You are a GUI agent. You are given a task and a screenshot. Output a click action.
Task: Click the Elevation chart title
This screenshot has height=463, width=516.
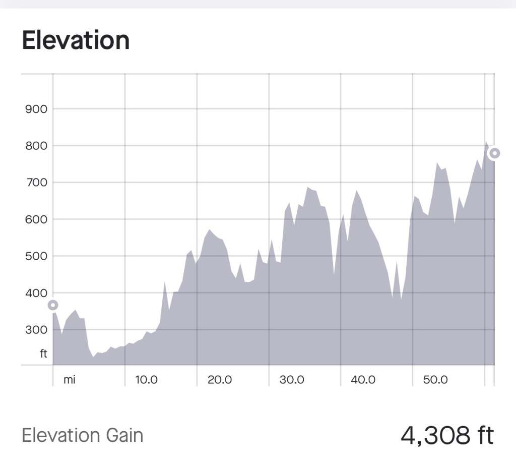coord(76,41)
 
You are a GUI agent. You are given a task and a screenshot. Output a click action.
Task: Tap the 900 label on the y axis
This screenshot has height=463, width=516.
coord(36,109)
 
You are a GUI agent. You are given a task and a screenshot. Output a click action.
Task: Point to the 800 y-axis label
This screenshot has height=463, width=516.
coord(36,146)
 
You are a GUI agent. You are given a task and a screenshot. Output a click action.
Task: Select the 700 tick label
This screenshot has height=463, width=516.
coord(36,183)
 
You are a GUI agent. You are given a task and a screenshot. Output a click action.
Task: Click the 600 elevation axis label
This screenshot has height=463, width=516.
coord(36,219)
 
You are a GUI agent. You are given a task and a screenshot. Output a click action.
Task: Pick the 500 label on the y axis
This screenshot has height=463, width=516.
coord(36,256)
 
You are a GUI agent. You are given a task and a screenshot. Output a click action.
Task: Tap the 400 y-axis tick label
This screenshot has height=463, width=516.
coord(36,293)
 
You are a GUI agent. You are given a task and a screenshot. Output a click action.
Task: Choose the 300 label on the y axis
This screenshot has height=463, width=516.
coord(36,330)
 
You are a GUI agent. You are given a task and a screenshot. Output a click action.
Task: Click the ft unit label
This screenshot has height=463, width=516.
coord(43,354)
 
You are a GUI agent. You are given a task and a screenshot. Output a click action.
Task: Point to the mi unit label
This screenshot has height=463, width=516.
coord(69,380)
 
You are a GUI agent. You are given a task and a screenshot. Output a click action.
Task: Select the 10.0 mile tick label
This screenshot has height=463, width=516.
coord(147,380)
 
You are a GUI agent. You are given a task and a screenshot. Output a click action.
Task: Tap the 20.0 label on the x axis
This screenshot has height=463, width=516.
coord(220,380)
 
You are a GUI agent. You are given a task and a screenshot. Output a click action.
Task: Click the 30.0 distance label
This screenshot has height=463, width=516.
coord(292,380)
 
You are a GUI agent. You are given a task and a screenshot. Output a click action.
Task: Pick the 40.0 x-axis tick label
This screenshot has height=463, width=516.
coord(363,380)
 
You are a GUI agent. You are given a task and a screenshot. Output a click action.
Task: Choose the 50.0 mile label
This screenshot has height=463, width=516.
coord(435,380)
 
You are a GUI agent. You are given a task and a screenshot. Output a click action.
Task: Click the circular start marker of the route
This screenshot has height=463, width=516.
coord(53,305)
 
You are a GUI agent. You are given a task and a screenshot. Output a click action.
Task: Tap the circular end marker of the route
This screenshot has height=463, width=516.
coord(494,153)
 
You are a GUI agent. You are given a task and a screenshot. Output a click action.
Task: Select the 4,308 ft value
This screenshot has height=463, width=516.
coord(447,435)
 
